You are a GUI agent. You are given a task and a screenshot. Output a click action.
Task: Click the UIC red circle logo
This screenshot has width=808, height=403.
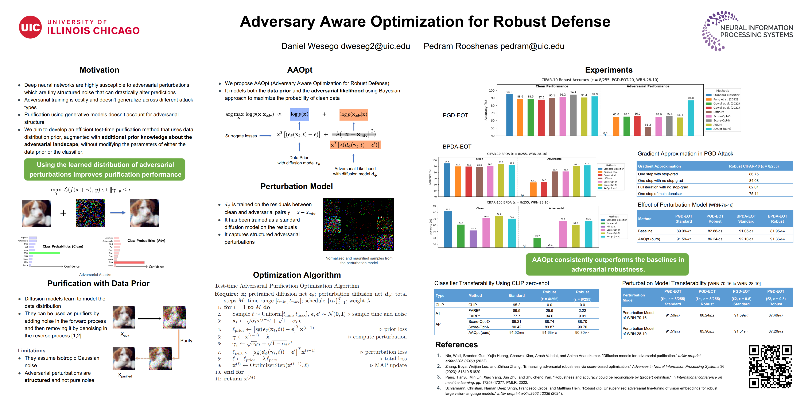pos(30,27)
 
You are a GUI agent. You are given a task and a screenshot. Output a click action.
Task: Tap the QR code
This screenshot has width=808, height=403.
pos(770,366)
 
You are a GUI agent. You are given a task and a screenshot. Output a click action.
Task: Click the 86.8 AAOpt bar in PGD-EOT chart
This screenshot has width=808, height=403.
pos(691,118)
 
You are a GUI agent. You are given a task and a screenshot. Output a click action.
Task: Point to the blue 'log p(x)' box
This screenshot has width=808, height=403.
pos(299,114)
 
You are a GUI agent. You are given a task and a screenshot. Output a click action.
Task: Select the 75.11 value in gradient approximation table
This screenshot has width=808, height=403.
pos(754,194)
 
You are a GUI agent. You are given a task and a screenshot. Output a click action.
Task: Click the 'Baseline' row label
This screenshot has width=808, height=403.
pos(645,231)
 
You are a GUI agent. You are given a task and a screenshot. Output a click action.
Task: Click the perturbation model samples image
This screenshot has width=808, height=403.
pos(358,224)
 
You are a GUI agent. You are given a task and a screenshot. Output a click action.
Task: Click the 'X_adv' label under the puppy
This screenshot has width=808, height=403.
pos(125,335)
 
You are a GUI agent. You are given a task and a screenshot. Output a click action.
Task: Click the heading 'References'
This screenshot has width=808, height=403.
pos(456,345)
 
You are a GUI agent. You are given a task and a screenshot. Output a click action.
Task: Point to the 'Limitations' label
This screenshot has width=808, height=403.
pos(32,351)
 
